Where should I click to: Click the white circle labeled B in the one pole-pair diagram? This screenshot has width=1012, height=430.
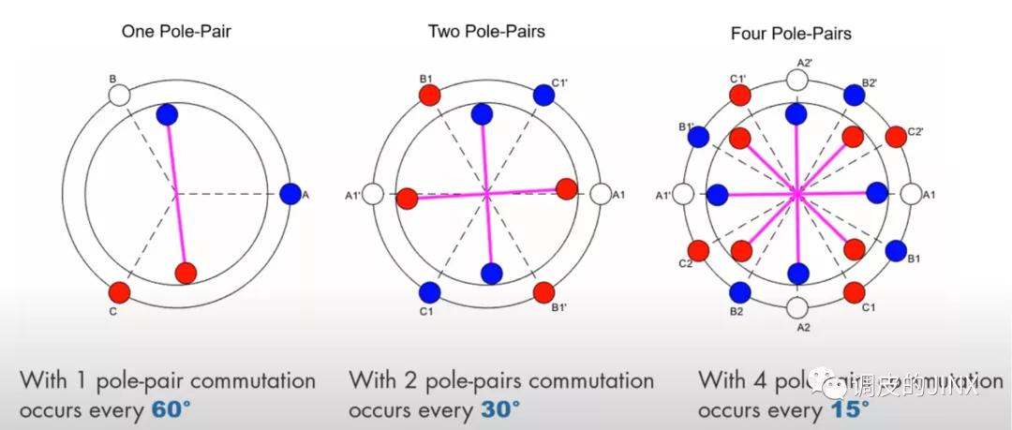tap(118, 95)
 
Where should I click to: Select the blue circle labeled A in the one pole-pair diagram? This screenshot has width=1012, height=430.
tap(290, 194)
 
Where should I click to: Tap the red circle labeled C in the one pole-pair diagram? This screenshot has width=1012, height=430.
tap(118, 292)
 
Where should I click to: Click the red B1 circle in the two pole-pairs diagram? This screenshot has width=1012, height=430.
tap(429, 96)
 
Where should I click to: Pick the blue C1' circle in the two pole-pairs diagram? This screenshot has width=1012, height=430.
tap(543, 95)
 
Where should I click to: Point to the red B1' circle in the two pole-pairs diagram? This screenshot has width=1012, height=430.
tap(543, 291)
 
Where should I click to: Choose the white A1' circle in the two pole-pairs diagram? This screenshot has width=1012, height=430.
tap(373, 195)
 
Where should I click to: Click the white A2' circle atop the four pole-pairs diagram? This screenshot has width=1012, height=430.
tap(796, 80)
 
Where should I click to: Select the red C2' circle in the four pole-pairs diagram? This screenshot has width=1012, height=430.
tap(895, 136)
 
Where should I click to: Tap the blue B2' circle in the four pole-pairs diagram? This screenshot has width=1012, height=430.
tap(854, 95)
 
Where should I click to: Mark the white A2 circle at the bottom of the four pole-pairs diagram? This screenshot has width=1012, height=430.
tap(796, 307)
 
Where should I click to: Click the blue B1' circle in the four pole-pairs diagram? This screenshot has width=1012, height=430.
tap(698, 137)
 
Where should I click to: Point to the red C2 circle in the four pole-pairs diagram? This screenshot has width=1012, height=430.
tap(698, 251)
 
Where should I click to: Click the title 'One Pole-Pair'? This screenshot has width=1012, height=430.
tap(176, 32)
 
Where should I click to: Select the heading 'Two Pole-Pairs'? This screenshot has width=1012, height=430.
tap(486, 31)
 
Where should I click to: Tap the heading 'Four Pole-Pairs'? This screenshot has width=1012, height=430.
tap(791, 34)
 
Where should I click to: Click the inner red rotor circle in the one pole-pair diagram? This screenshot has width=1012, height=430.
tap(186, 273)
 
